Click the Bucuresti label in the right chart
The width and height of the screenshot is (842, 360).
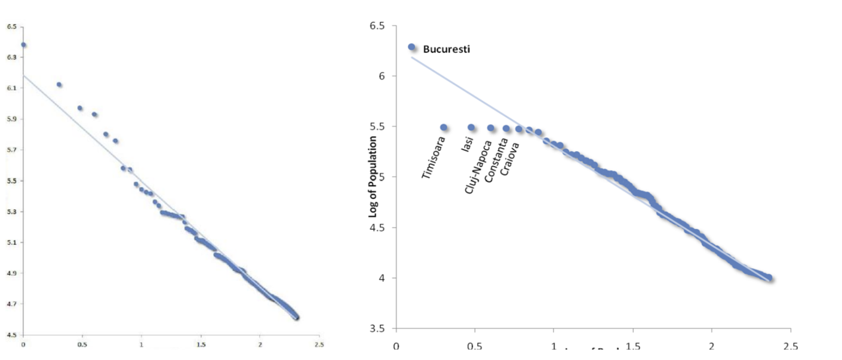click(x=446, y=49)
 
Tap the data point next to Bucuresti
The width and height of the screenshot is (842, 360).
click(x=411, y=47)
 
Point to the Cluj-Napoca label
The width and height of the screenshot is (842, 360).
click(x=478, y=167)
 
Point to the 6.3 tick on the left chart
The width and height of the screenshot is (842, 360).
click(x=11, y=57)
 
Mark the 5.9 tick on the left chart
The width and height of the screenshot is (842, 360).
click(x=11, y=119)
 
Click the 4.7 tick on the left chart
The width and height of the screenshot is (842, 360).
click(x=11, y=304)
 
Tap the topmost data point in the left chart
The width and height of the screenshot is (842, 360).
click(x=23, y=45)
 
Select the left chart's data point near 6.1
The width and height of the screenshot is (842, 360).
click(x=59, y=85)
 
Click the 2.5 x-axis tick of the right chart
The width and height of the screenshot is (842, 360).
click(x=790, y=346)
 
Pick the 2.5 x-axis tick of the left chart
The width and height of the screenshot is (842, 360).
click(x=319, y=345)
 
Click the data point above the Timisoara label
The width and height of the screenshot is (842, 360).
click(x=444, y=127)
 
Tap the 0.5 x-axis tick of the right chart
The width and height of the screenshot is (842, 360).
click(x=474, y=346)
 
